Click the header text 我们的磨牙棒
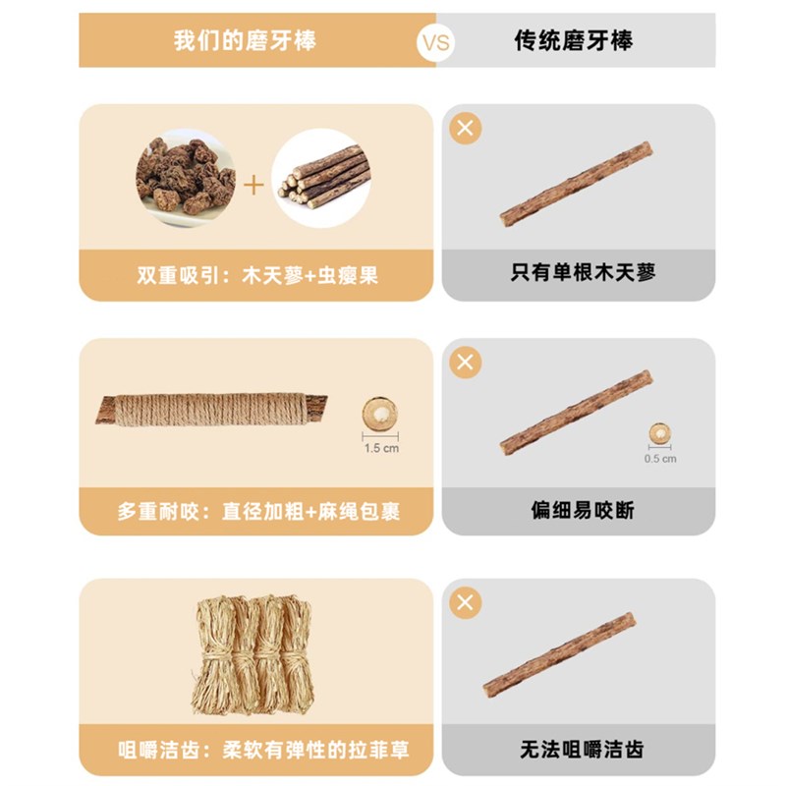(x=245, y=41)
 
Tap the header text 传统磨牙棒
(x=574, y=41)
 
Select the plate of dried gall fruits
(x=185, y=176)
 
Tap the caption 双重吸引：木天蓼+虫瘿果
(x=257, y=275)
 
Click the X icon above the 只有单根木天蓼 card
(x=466, y=128)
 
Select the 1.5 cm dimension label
(x=380, y=449)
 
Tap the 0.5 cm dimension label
(x=660, y=458)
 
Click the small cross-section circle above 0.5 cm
(x=660, y=434)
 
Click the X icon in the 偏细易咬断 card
(x=466, y=363)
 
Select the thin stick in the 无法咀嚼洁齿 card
(x=559, y=655)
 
